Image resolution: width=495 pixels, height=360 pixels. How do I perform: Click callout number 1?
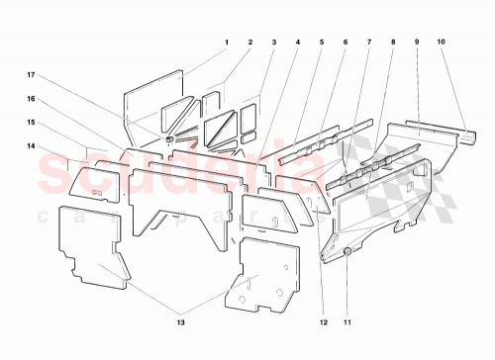pos(226,42)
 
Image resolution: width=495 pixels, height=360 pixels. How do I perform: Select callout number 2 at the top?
pos(249,42)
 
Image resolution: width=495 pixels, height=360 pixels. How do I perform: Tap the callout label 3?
pos(273,42)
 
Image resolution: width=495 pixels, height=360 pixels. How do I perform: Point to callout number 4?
pos(297,42)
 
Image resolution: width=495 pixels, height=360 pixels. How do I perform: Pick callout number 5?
pos(321,42)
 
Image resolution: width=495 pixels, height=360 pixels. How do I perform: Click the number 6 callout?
pos(345,42)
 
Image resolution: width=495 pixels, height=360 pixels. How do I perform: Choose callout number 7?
pos(368,42)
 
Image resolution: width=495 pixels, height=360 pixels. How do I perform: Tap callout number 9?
pos(417,42)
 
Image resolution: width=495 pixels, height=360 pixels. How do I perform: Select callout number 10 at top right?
pos(441,42)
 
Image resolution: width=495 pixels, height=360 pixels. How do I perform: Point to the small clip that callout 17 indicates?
pos(171,139)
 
